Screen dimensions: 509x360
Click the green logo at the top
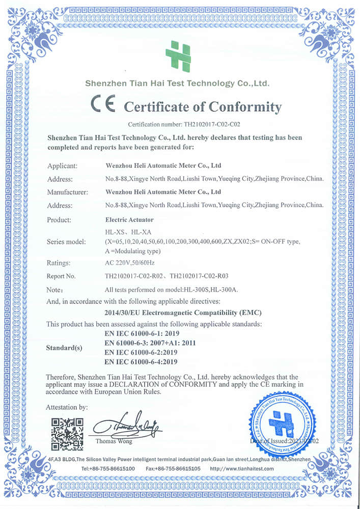(x=178, y=56)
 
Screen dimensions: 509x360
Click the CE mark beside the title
(x=103, y=105)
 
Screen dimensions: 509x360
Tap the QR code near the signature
(x=67, y=434)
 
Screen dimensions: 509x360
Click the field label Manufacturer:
(x=68, y=192)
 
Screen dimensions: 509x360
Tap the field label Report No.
(x=61, y=276)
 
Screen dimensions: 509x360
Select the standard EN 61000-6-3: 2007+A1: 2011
(x=150, y=343)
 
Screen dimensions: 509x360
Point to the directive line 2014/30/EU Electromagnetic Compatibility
(x=185, y=312)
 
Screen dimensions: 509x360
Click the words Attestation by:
(x=67, y=407)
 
